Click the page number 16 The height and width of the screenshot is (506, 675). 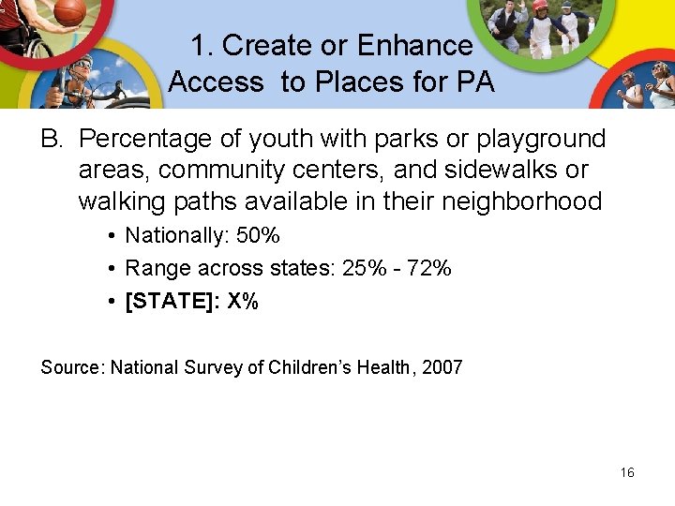pyautogui.click(x=627, y=472)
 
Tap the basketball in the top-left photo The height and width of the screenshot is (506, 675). pyautogui.click(x=69, y=12)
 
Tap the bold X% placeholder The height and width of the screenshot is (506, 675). pyautogui.click(x=243, y=302)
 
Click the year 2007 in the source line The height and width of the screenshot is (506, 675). pyautogui.click(x=442, y=367)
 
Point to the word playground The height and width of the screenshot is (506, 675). pyautogui.click(x=542, y=140)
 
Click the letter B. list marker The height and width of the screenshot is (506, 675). pyautogui.click(x=51, y=140)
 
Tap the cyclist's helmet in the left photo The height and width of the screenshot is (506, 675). pyautogui.click(x=82, y=63)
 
